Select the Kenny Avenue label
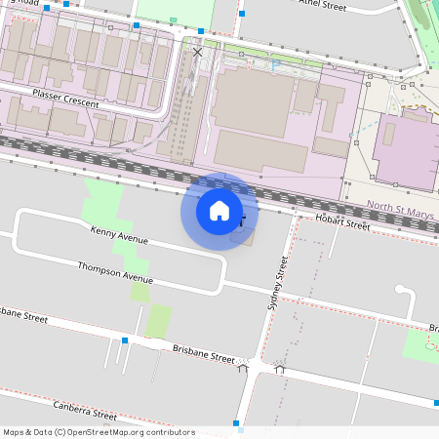click(x=119, y=235)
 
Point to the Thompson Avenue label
click(x=115, y=270)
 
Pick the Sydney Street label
click(x=277, y=284)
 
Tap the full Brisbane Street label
click(x=203, y=352)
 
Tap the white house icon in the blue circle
click(x=219, y=211)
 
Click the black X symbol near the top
click(x=198, y=52)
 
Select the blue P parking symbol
click(x=276, y=64)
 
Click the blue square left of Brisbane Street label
click(x=125, y=340)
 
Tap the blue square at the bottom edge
click(x=237, y=423)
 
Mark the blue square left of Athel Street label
click(x=241, y=15)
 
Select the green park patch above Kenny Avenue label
click(x=103, y=202)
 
